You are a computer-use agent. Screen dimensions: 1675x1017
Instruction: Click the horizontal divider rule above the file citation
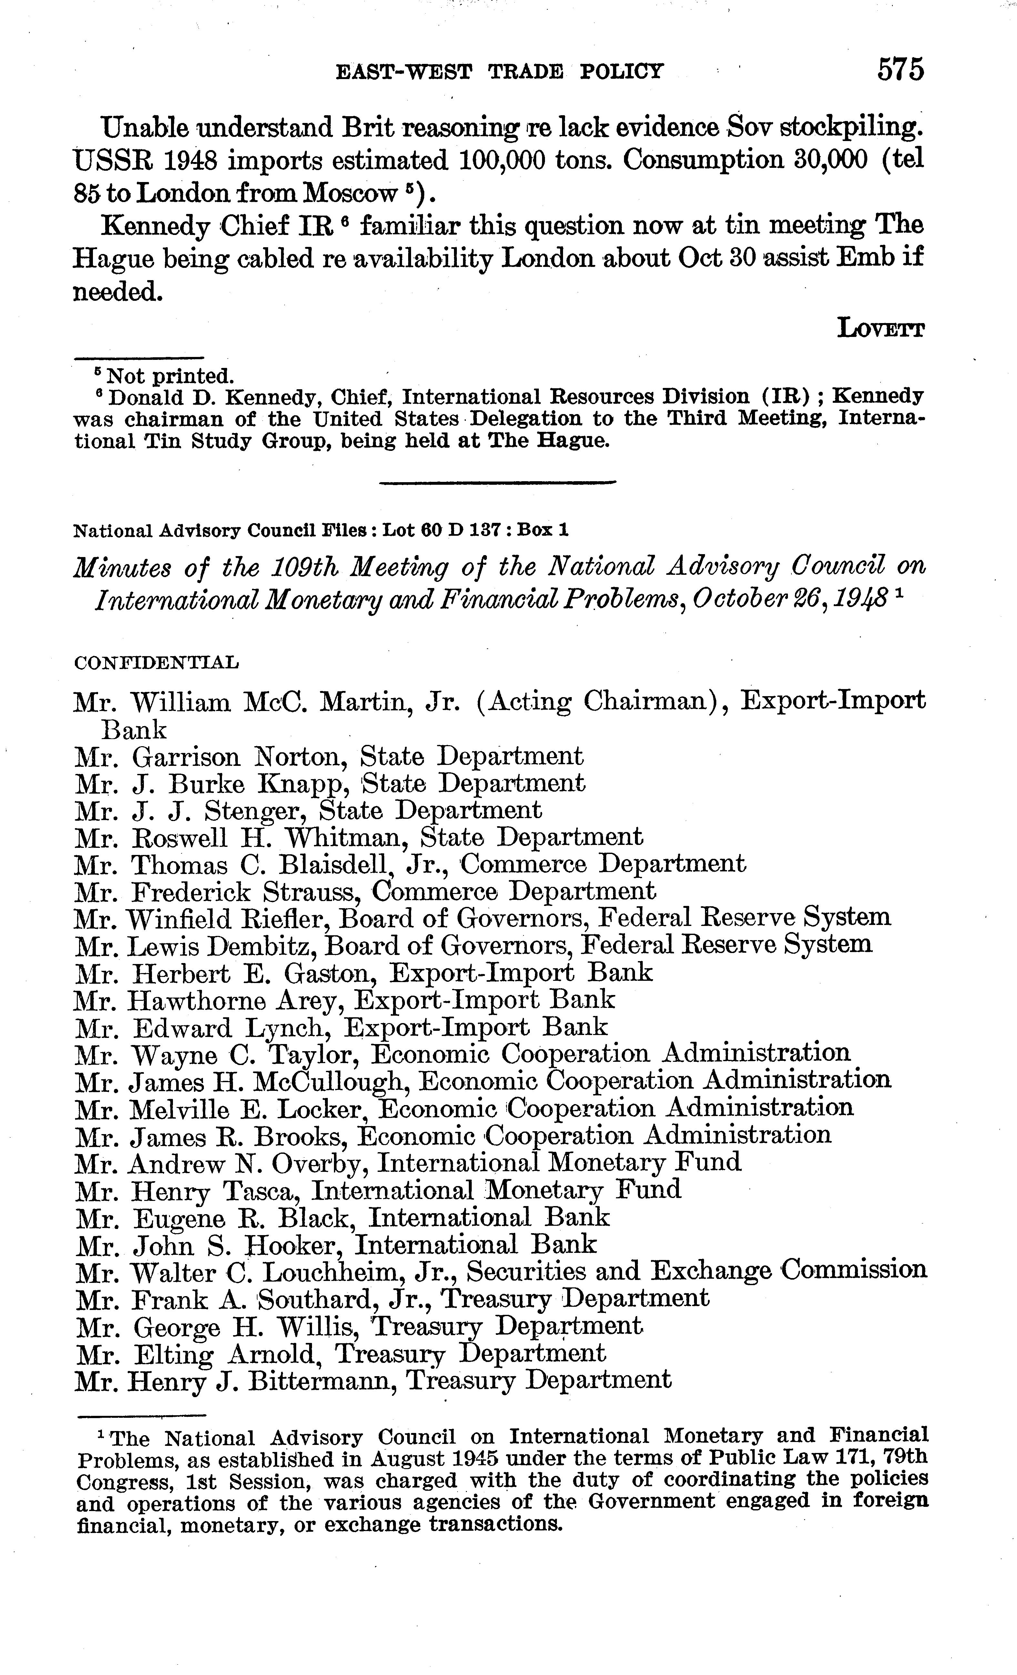tap(497, 482)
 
